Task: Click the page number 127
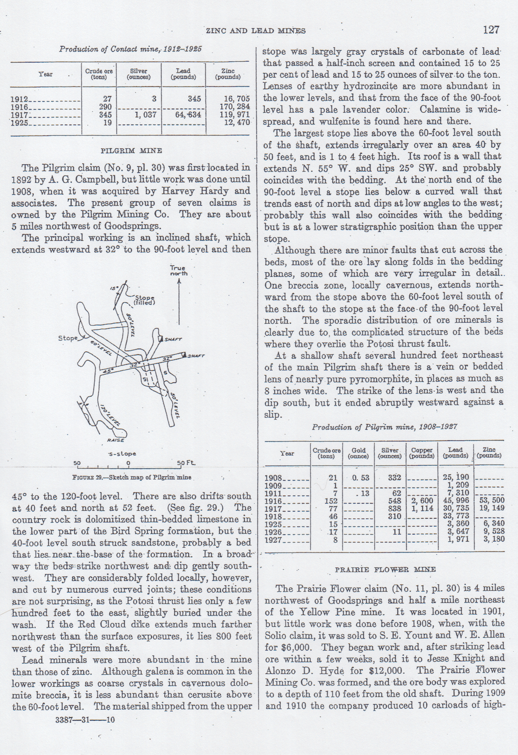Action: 491,30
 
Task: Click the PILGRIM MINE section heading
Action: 131,151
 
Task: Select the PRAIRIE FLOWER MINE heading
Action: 385,569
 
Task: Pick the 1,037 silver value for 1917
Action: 145,115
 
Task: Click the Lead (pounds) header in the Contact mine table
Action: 183,74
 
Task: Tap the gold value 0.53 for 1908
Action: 359,478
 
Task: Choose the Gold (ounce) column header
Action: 358,453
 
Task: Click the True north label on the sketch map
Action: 178,271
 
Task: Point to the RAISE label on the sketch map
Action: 116,440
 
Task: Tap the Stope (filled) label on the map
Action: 144,300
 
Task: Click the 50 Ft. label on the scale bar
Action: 186,463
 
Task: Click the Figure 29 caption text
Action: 131,478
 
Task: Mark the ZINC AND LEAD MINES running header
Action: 255,31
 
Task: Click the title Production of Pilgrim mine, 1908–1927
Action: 384,427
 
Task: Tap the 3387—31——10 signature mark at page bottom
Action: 85,719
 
